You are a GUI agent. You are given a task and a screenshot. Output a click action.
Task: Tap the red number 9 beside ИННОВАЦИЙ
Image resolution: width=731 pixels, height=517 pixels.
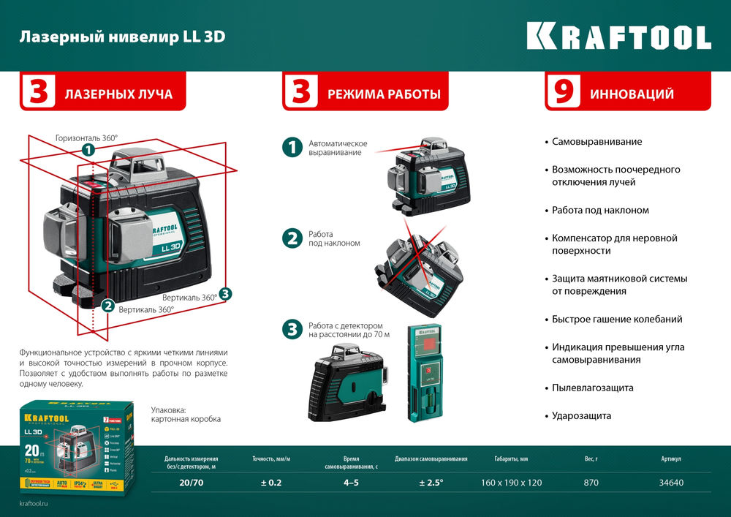tap(563, 93)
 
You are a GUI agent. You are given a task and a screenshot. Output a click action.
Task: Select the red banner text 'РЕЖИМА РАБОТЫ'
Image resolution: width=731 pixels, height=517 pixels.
tap(384, 94)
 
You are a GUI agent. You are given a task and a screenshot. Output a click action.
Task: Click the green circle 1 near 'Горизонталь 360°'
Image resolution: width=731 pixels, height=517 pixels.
tap(88, 150)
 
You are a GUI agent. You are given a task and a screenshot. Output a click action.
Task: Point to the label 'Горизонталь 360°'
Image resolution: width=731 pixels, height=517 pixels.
tap(86, 137)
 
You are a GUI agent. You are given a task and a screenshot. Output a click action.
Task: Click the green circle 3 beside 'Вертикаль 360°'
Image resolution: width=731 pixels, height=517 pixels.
tap(225, 294)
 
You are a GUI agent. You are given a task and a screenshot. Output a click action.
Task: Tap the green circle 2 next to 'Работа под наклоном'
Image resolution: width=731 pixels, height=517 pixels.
tap(292, 238)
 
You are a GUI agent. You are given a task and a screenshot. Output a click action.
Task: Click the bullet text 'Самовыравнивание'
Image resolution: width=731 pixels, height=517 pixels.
tap(596, 141)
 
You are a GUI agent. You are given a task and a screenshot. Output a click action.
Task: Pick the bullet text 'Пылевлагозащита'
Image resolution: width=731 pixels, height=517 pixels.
tap(592, 388)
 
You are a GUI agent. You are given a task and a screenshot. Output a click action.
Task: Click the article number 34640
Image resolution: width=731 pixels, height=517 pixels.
tap(670, 483)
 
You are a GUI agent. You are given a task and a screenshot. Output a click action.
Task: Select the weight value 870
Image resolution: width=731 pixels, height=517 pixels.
tap(591, 483)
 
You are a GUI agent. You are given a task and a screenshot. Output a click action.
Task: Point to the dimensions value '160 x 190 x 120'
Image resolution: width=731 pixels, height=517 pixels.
tap(511, 483)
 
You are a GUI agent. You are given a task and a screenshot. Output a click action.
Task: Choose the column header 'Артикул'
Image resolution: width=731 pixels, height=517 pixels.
tap(670, 459)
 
